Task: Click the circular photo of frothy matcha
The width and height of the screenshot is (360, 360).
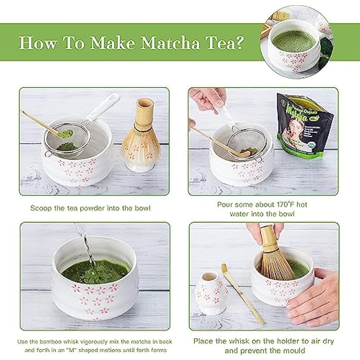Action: coord(294,35)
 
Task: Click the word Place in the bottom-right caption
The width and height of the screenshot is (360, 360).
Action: coord(203,341)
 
